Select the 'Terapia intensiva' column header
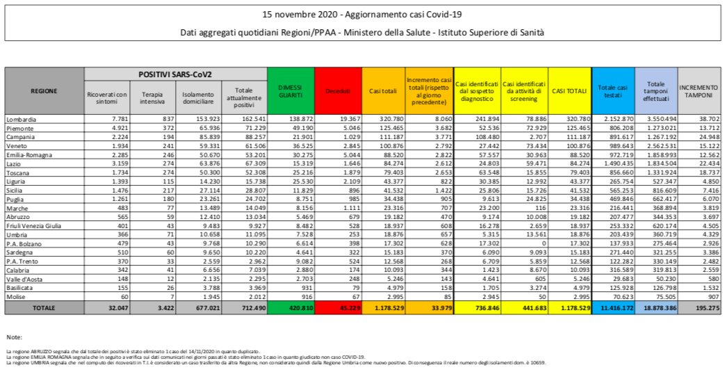tap(152, 97)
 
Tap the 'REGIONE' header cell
tap(44, 90)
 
